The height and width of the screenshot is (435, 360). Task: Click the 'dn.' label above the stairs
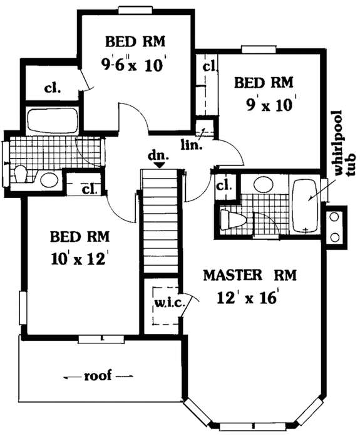pos(158,154)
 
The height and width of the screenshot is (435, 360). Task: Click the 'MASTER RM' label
pos(250,275)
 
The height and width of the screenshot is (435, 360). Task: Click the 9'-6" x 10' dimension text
pos(135,64)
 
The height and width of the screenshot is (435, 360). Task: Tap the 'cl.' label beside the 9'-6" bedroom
pos(52,87)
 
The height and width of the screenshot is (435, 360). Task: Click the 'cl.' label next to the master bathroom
pos(224,186)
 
